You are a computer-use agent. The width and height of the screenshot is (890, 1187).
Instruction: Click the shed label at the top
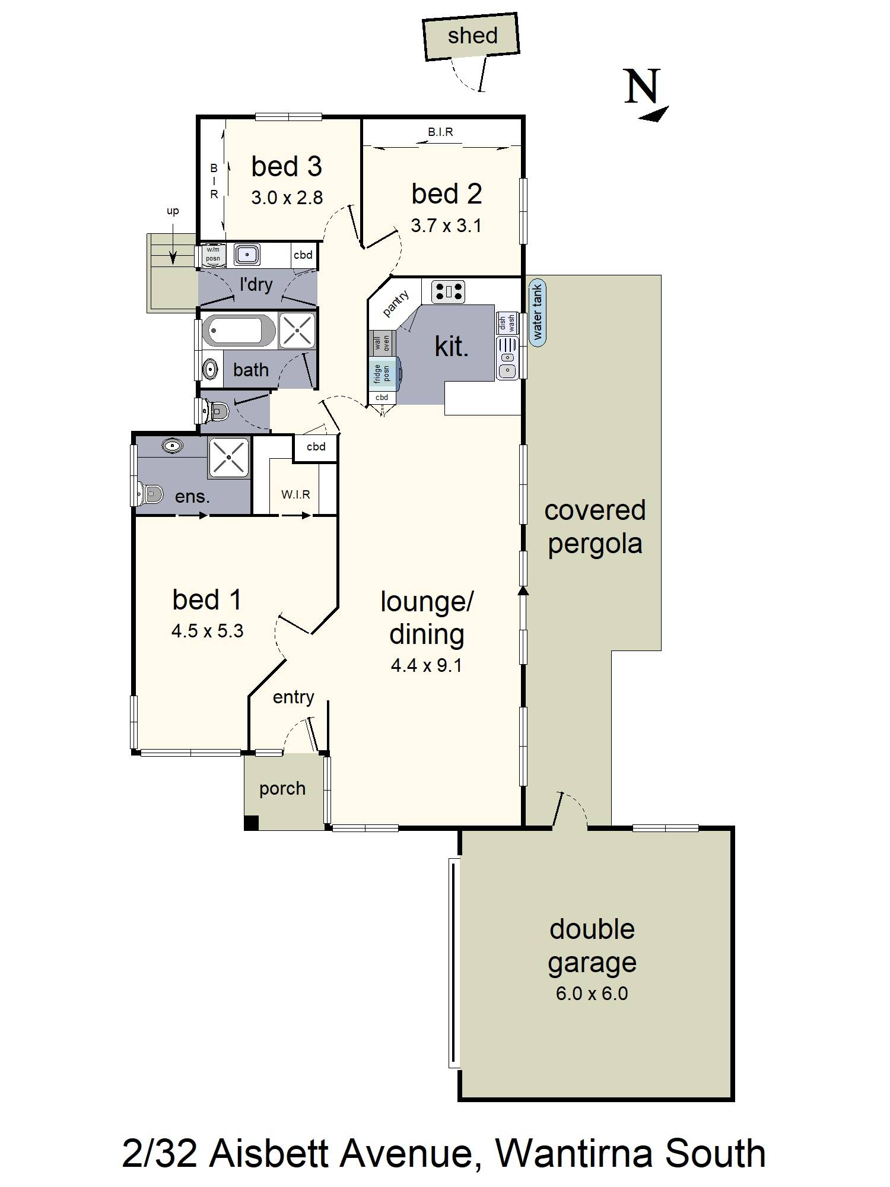pyautogui.click(x=472, y=36)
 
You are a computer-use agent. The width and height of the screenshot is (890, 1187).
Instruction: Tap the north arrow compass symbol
pyautogui.click(x=646, y=95)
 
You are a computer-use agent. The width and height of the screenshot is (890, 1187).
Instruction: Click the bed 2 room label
pyautogui.click(x=447, y=194)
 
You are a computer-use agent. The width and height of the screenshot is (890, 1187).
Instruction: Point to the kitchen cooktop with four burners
pyautogui.click(x=448, y=291)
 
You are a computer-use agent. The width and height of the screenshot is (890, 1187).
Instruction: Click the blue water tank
pyautogui.click(x=538, y=312)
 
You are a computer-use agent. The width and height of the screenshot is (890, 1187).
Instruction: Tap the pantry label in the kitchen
pyautogui.click(x=395, y=303)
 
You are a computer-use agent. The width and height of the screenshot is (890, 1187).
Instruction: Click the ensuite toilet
pyautogui.click(x=148, y=493)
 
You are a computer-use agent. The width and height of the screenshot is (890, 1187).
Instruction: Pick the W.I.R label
pyautogui.click(x=295, y=494)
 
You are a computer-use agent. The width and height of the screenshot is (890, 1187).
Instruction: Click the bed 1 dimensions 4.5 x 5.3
pyautogui.click(x=207, y=630)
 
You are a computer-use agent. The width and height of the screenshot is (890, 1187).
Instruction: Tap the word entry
pyautogui.click(x=293, y=697)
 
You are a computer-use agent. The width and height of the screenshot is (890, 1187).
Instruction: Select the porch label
pyautogui.click(x=282, y=789)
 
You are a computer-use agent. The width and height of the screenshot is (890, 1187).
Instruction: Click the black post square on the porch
pyautogui.click(x=251, y=823)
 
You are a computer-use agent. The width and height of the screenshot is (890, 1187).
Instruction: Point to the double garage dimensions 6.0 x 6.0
pyautogui.click(x=592, y=993)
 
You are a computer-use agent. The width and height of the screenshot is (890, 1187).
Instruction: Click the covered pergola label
pyautogui.click(x=595, y=527)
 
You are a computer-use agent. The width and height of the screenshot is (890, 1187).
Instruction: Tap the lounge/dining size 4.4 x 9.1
pyautogui.click(x=426, y=665)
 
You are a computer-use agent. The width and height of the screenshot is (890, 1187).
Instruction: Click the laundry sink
pyautogui.click(x=246, y=254)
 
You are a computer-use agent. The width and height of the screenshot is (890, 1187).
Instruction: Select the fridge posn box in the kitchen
pyautogui.click(x=384, y=373)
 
